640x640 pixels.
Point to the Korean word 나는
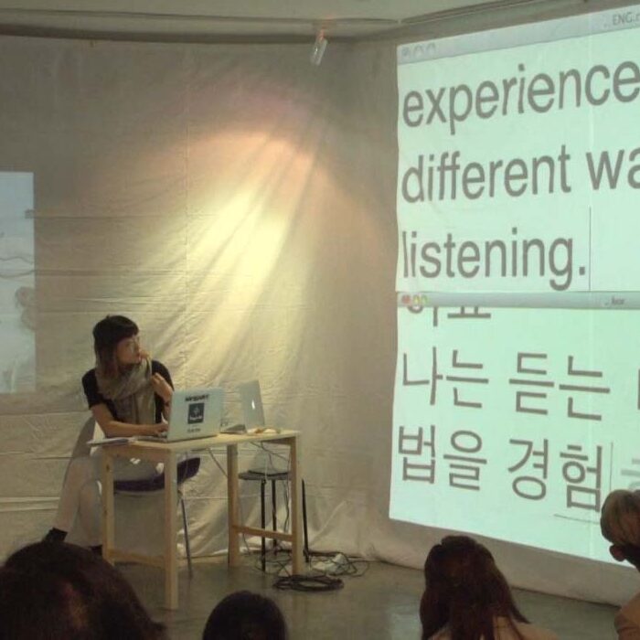[444, 380]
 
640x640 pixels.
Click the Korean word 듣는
[558, 384]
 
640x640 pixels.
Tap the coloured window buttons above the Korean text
[414, 299]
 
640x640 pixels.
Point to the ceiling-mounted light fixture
[318, 47]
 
